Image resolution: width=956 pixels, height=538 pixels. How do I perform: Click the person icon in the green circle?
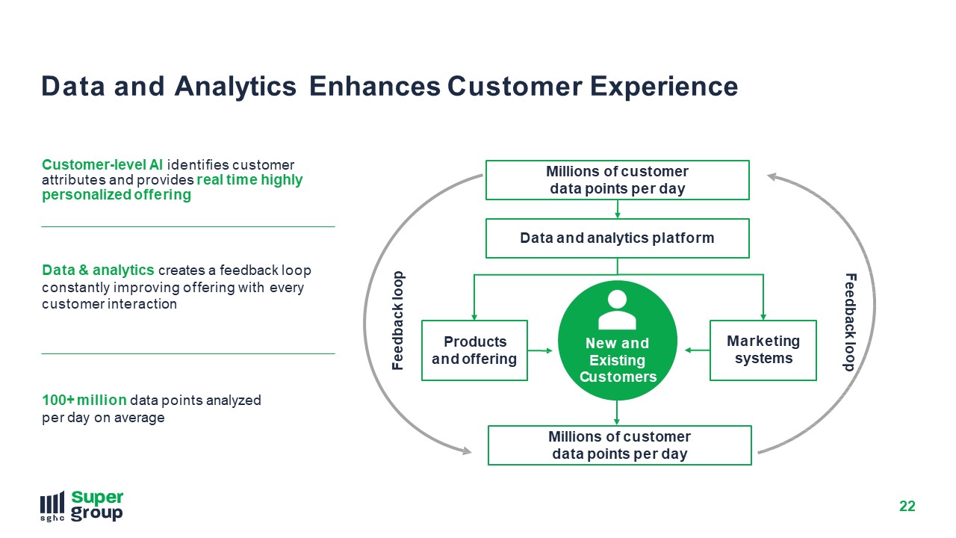pyautogui.click(x=617, y=309)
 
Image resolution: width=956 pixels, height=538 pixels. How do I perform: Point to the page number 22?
pyautogui.click(x=907, y=506)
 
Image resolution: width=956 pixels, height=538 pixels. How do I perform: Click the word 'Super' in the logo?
pyautogui.click(x=97, y=498)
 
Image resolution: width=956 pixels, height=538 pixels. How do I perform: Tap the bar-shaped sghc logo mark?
pyautogui.click(x=52, y=507)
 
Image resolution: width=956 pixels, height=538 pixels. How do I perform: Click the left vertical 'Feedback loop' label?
pyautogui.click(x=398, y=321)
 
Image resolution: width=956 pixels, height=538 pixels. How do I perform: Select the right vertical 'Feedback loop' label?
pyautogui.click(x=850, y=322)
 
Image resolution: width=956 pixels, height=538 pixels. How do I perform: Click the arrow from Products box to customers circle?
pyautogui.click(x=540, y=350)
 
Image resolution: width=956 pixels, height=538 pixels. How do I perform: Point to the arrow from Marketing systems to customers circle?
pyautogui.click(x=697, y=350)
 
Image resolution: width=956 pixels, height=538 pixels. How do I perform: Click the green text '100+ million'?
pyautogui.click(x=84, y=400)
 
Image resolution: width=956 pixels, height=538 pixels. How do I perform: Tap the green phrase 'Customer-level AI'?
pyautogui.click(x=102, y=164)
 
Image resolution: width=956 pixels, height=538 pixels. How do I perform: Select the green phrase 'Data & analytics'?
pyautogui.click(x=98, y=270)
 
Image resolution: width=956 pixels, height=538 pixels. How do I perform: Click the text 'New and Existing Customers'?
pyautogui.click(x=618, y=360)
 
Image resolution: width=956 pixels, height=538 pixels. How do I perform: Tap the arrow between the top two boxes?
pyautogui.click(x=618, y=209)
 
